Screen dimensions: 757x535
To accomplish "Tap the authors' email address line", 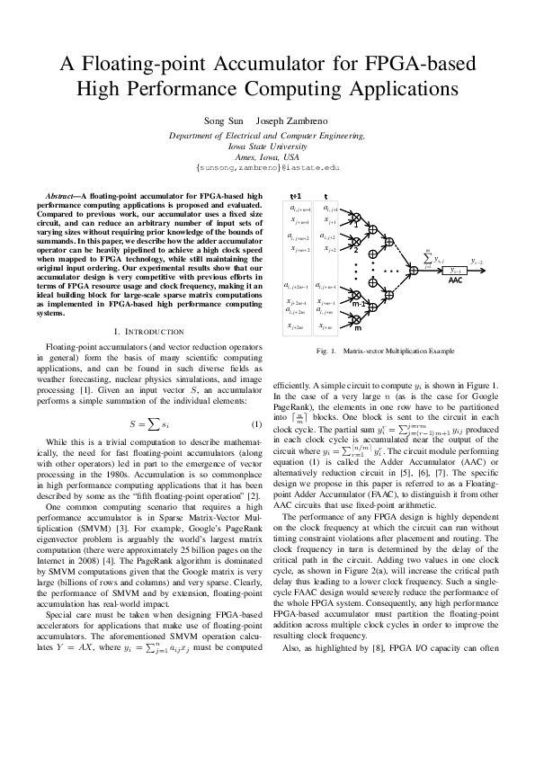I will point(267,167).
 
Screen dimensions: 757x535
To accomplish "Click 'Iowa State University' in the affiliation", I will point(267,145).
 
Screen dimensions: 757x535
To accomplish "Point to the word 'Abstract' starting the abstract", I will point(61,195).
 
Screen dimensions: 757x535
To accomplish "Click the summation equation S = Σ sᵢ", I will point(147,398).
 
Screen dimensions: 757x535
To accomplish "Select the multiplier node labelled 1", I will point(355,218).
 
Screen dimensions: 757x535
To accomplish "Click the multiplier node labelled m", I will point(355,319).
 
